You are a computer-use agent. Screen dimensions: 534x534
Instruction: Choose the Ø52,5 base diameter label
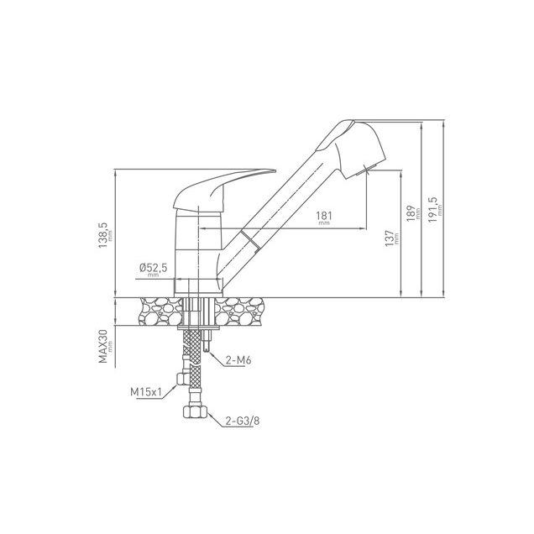coord(154,268)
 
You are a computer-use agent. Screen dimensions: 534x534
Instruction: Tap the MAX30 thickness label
coord(103,346)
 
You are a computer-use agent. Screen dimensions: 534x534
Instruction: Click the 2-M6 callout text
coord(238,360)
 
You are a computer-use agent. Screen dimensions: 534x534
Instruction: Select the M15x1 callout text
coord(145,392)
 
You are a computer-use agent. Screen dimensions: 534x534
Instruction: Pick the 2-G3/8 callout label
coord(242,421)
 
